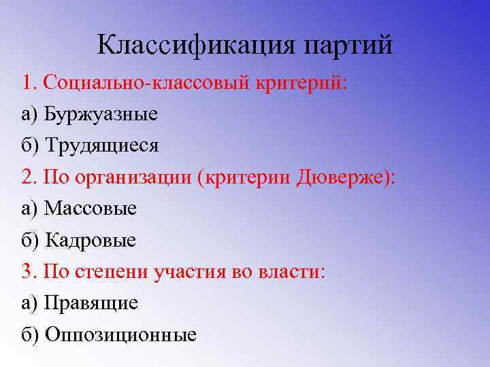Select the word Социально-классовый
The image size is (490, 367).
coord(147,82)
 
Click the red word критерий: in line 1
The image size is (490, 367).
coord(302,82)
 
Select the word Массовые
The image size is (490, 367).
coord(91,208)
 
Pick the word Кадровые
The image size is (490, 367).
coord(91,240)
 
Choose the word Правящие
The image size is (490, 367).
coord(91,302)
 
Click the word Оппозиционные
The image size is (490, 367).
coord(120,334)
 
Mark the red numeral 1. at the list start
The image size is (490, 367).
coord(29,82)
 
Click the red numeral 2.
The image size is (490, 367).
coord(29,177)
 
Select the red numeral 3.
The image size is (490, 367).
coord(29,271)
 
